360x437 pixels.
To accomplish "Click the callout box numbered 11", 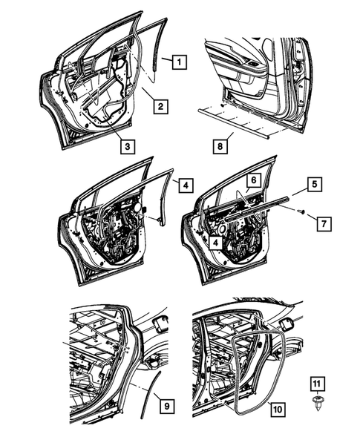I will click(315, 384).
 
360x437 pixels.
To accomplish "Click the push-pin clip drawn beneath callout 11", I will click(315, 406).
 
